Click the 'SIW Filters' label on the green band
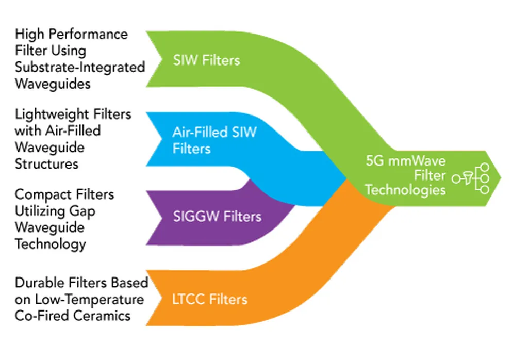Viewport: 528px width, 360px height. [206, 60]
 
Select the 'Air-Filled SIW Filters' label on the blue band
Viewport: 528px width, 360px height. [214, 140]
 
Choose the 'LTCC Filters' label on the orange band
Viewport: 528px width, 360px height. [210, 299]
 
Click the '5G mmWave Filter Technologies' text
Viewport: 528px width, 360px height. [405, 175]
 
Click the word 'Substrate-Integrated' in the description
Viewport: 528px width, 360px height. [80, 67]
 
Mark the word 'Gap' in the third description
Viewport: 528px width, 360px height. [84, 211]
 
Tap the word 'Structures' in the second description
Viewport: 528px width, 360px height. [46, 163]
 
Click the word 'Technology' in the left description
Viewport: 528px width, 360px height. [50, 243]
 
